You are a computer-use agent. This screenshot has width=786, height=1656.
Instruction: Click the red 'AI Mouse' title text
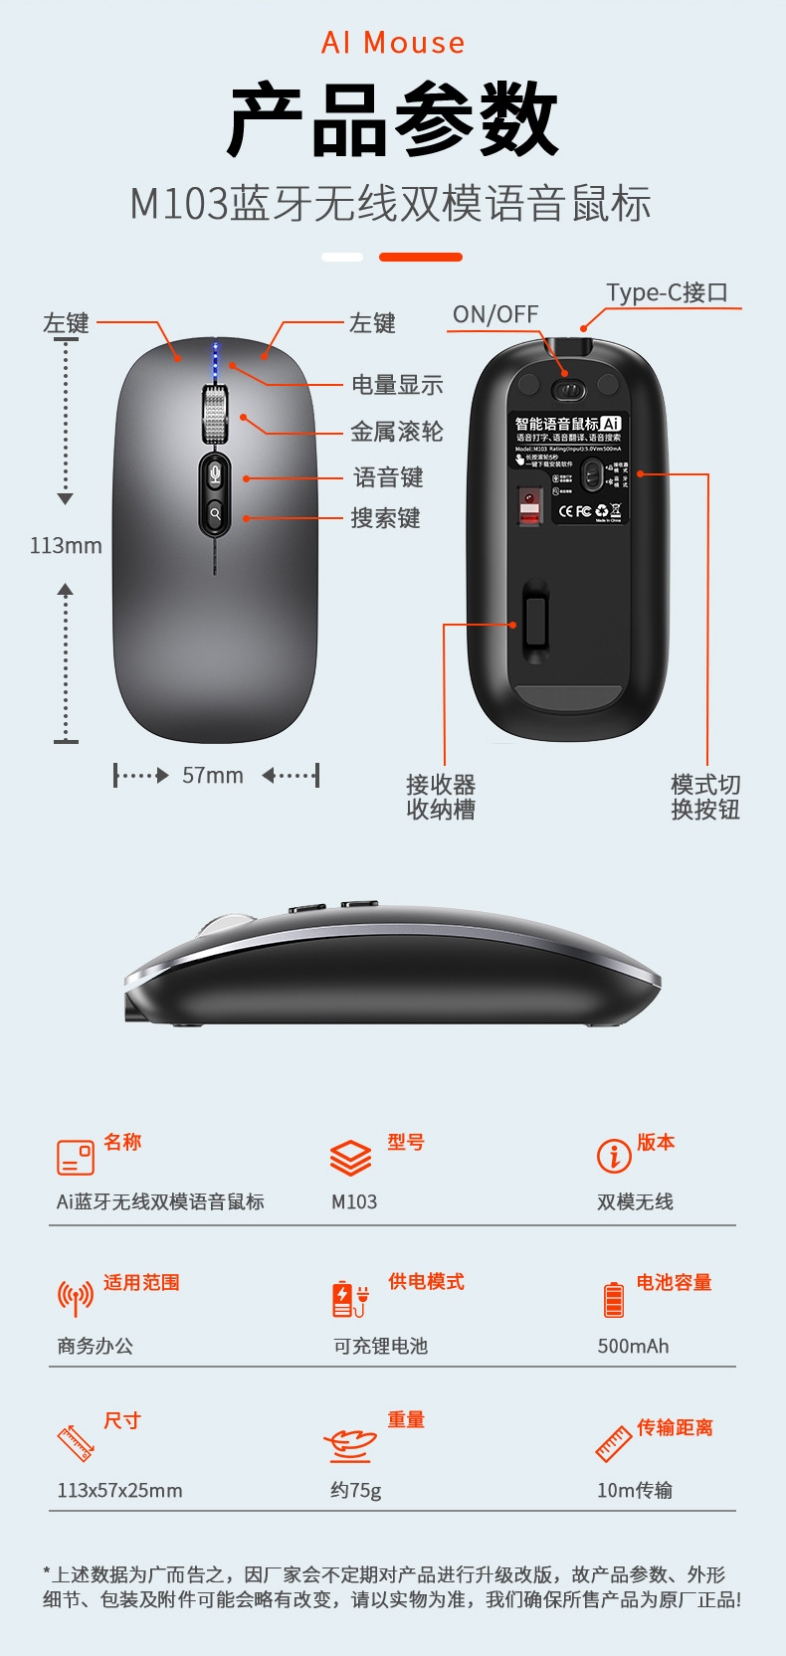393,43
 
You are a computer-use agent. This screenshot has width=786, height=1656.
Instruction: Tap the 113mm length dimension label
66,545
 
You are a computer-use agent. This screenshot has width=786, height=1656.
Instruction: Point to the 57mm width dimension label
213,776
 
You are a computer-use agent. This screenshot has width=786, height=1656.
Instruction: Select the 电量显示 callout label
397,385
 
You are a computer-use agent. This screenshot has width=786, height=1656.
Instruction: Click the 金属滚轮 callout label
396,432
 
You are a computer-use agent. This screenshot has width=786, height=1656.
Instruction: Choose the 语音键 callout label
388,478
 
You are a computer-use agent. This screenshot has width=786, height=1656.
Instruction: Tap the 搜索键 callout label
385,518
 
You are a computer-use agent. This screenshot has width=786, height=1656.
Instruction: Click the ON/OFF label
494,314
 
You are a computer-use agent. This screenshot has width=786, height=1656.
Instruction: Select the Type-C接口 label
668,292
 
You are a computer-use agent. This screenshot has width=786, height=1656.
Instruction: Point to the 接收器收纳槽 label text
441,798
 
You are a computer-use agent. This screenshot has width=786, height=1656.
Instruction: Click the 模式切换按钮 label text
705,798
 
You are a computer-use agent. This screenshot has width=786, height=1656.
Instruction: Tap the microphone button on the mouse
215,472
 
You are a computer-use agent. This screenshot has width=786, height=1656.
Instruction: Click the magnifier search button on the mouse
215,514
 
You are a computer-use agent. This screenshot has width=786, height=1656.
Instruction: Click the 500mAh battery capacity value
633,1346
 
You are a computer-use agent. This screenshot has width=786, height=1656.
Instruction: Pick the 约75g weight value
356,1490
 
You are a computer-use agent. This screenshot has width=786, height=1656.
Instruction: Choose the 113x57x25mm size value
119,1490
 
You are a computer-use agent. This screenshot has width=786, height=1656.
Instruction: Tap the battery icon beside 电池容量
614,1299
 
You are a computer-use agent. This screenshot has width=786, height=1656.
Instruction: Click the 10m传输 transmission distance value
635,1490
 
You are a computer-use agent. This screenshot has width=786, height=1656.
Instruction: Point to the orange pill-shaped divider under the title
421,257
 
